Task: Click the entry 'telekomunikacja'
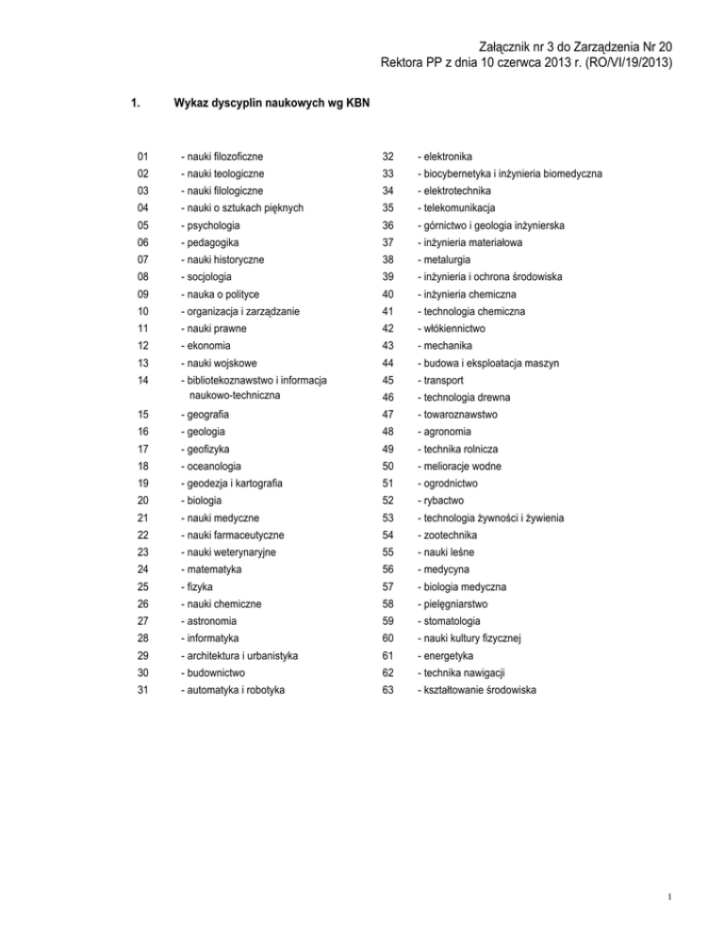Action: (x=454, y=208)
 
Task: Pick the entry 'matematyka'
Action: (x=216, y=570)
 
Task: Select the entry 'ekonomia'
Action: (x=210, y=346)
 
